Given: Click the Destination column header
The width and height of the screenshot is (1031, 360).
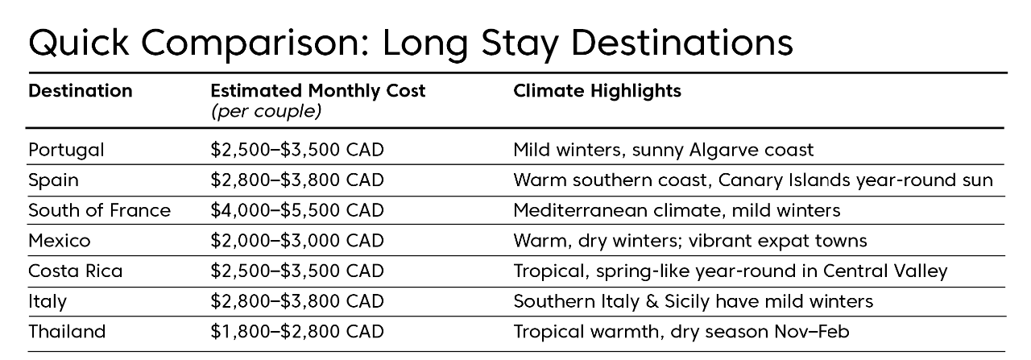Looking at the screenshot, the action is (81, 91).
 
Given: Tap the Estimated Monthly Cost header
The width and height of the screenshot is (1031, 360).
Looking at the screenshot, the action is (318, 91).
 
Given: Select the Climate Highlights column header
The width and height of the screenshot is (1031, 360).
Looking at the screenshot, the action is (597, 91).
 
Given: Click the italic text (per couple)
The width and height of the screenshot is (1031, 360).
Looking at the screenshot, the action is (266, 111).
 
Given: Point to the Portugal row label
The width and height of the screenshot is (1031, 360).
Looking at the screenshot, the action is (66, 151).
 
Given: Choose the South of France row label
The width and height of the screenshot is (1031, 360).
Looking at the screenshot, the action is (99, 210).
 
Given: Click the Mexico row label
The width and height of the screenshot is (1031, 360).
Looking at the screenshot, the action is (60, 241).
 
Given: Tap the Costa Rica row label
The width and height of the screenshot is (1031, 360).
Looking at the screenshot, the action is (76, 271).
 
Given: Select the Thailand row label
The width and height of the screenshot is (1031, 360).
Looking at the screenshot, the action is (67, 332).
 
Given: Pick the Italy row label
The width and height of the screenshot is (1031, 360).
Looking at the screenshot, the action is (48, 302).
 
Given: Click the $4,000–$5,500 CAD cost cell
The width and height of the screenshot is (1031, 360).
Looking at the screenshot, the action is (297, 210).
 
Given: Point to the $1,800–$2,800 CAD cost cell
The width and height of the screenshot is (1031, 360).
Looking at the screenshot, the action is (297, 332).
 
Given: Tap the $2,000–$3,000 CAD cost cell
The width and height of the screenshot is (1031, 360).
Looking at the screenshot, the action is (297, 241).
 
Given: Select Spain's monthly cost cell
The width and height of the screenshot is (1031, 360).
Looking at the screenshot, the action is (297, 180).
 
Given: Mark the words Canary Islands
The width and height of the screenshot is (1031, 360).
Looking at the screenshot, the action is (784, 180).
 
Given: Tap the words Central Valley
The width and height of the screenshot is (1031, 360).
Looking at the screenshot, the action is (885, 271).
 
